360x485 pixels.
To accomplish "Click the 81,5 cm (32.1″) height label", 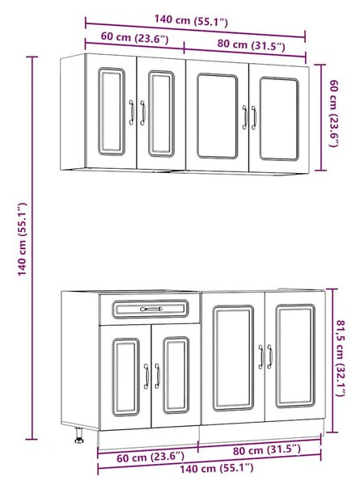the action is tap(341, 358).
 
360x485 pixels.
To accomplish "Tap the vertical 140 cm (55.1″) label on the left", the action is tap(22, 239).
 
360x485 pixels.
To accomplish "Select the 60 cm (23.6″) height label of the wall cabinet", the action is tap(334, 113).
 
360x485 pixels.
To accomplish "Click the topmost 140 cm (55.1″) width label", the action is tap(191, 20).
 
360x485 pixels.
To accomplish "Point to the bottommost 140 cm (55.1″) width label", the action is tap(216, 468).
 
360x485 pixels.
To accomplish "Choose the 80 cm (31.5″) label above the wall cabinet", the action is tap(251, 44).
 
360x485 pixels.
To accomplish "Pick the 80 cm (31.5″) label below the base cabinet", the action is tap(266, 449).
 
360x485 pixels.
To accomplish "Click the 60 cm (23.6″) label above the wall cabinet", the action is tap(134, 38).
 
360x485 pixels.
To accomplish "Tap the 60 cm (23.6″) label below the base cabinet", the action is tap(150, 457).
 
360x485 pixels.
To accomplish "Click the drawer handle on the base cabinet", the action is tap(151, 309).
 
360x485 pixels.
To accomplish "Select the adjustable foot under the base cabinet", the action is tap(79, 435).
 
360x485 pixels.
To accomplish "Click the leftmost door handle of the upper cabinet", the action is tap(132, 112).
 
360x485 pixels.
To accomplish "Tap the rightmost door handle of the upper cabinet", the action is tap(254, 117).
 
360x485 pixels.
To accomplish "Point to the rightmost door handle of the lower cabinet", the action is tap(270, 356).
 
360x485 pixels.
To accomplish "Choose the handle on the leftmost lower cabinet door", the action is tap(146, 376).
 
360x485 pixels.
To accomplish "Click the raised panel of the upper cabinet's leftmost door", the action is tap(112, 112).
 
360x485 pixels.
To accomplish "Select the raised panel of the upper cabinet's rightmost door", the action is tap(280, 119).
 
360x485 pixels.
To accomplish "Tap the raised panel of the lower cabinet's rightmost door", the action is tap(295, 356).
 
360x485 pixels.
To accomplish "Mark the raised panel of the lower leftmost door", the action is tap(125, 377).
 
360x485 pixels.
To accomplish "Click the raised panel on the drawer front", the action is tap(150, 309).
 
